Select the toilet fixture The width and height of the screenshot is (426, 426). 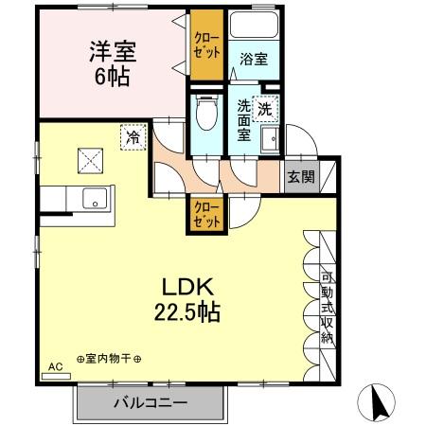[x=204, y=117]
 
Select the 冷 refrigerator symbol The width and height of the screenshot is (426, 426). [x=133, y=138]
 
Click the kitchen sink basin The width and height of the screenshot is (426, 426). [x=94, y=199]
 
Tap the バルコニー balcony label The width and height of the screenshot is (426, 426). [x=151, y=402]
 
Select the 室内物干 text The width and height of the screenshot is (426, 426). [x=109, y=359]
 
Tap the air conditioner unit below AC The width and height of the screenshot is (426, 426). [x=57, y=376]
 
